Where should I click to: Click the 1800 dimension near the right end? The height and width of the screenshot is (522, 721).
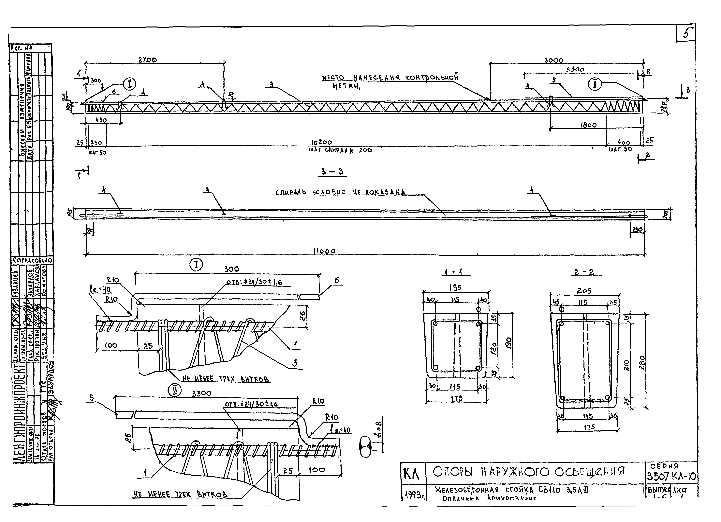[x=588, y=125]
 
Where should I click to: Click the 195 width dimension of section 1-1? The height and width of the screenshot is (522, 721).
[x=455, y=287]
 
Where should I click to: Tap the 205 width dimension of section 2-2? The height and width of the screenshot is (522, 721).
[x=584, y=291]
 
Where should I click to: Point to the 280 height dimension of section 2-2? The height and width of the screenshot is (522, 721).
[x=642, y=362]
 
